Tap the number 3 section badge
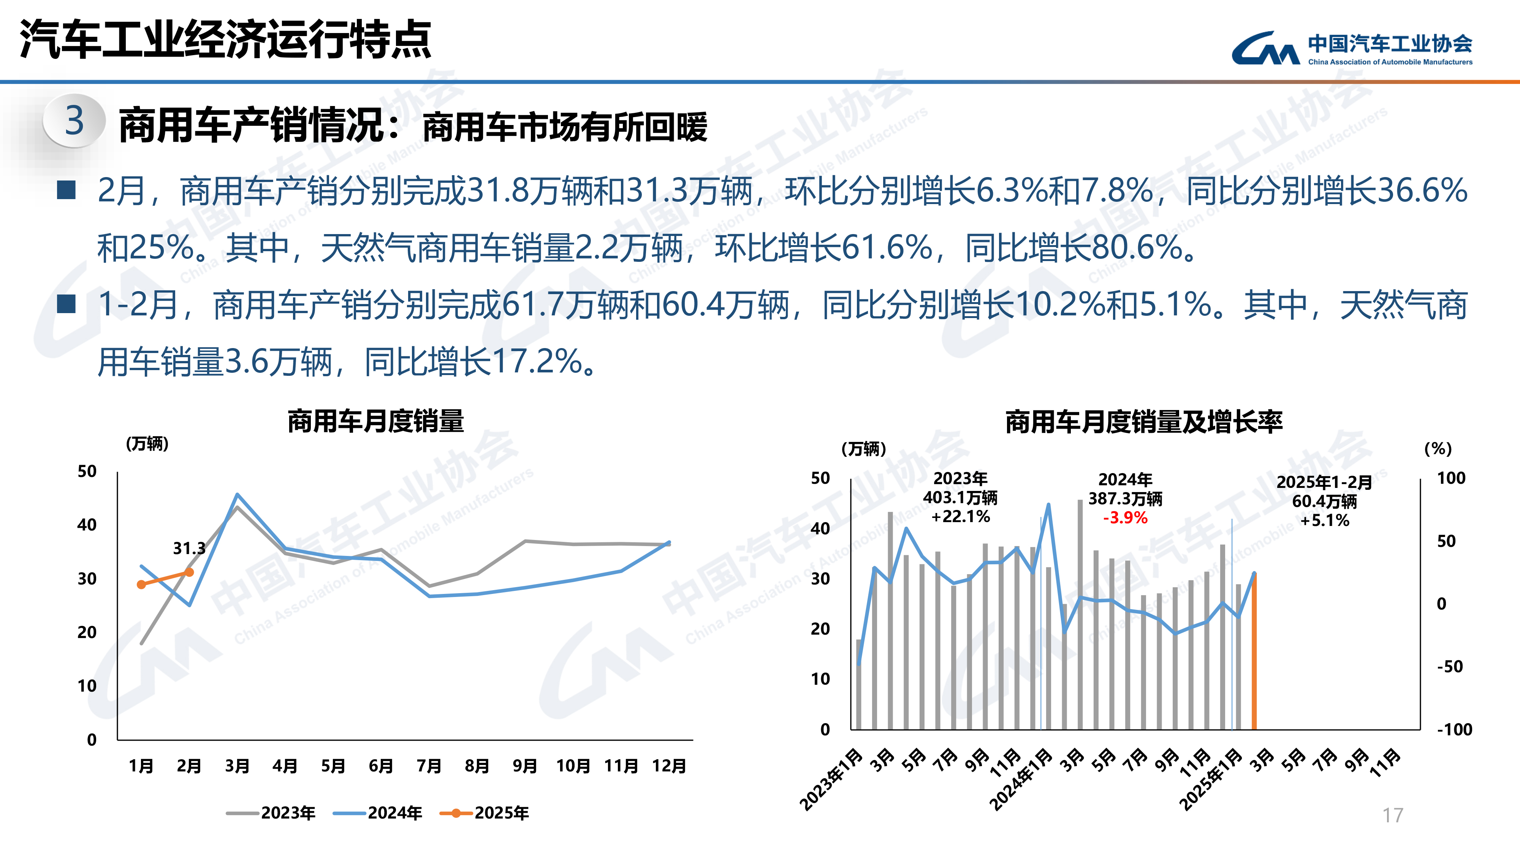coord(74,121)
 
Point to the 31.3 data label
coord(189,549)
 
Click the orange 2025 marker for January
coord(141,584)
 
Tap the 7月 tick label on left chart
coord(429,766)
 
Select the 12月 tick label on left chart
coord(669,766)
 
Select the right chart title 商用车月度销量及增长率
coord(1143,422)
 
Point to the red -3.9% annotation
coord(1125,518)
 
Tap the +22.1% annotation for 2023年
coord(961,517)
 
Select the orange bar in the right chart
coord(1254,652)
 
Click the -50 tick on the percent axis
coord(1450,667)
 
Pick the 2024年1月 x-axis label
coord(1021,779)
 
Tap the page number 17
coord(1393,815)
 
